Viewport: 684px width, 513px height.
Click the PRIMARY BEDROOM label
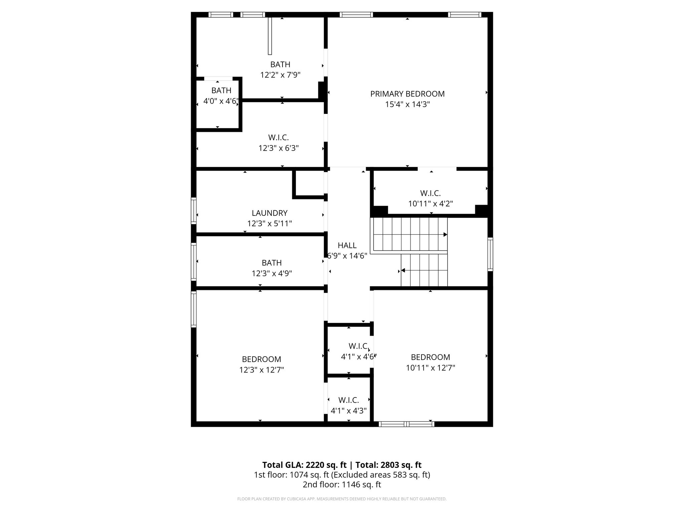tap(407, 94)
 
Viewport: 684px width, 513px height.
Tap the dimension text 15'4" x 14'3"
tap(407, 105)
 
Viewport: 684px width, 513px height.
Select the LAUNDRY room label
tap(270, 213)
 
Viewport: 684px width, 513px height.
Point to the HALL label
tap(347, 245)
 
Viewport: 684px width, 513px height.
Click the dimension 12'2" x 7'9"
tap(280, 75)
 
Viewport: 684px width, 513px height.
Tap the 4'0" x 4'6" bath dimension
tap(221, 101)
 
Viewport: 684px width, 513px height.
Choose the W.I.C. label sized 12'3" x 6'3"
tap(279, 138)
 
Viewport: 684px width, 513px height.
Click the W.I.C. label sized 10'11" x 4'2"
tap(431, 193)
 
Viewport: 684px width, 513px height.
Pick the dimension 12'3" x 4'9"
tap(272, 274)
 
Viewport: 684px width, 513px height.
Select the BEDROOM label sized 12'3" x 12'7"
tap(262, 359)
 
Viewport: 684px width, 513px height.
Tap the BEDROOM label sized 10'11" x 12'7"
tap(431, 357)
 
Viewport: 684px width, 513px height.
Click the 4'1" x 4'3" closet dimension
tap(349, 410)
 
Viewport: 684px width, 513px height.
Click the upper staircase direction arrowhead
tap(445, 235)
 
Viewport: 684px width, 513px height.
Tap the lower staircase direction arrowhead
tap(403, 271)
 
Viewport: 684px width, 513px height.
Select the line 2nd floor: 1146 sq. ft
tap(342, 485)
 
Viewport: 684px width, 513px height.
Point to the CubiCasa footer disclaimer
tap(342, 499)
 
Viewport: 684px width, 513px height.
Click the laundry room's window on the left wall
tap(193, 210)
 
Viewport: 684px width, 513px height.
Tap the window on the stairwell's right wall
tap(490, 254)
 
